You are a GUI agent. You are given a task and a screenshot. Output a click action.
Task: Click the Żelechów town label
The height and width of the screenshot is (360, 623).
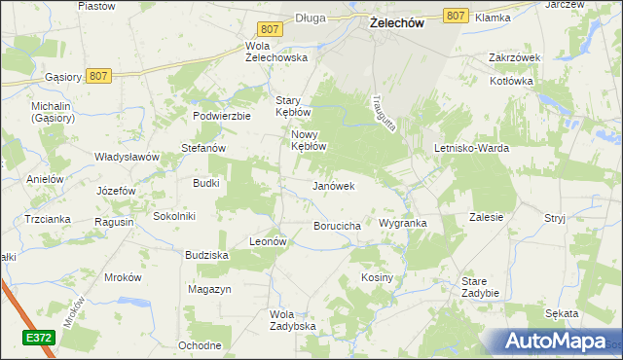(396, 24)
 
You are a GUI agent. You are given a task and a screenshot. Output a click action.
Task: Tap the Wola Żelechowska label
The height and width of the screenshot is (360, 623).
(276, 52)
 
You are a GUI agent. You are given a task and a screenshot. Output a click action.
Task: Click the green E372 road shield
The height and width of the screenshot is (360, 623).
(39, 337)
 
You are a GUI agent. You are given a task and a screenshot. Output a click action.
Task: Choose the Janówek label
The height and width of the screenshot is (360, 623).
(333, 185)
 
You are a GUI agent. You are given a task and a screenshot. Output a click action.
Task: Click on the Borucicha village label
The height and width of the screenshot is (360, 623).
(338, 226)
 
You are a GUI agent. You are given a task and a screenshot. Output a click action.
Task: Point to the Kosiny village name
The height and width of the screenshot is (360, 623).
(377, 277)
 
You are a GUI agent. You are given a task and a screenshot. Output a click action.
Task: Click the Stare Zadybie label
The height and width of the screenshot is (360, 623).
(480, 287)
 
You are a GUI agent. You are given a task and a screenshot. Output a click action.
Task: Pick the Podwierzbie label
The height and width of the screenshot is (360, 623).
(223, 115)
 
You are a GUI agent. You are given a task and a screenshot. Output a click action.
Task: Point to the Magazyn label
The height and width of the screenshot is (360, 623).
(209, 290)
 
